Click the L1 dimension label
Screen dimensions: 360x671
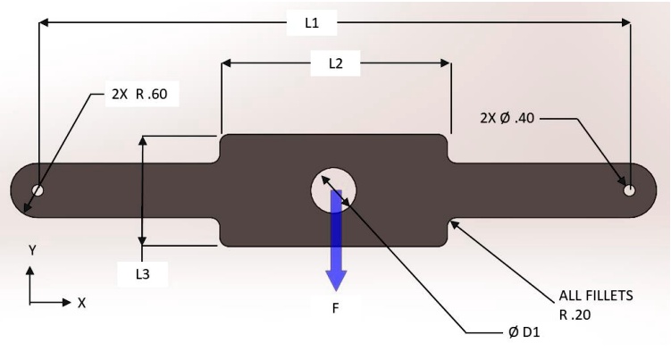tap(312, 24)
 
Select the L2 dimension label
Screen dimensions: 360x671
tap(336, 63)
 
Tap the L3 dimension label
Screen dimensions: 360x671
tap(142, 274)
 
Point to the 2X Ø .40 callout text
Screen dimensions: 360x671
tap(507, 116)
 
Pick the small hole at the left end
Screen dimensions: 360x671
tap(38, 190)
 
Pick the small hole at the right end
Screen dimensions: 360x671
tap(629, 189)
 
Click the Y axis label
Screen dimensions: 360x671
tap(33, 251)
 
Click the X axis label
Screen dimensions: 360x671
tap(81, 304)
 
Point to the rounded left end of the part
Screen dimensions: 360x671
tap(18, 190)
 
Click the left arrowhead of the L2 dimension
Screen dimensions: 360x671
tap(226, 63)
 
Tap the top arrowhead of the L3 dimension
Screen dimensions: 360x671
tap(142, 141)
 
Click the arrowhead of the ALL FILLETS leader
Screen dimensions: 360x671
tap(455, 223)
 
